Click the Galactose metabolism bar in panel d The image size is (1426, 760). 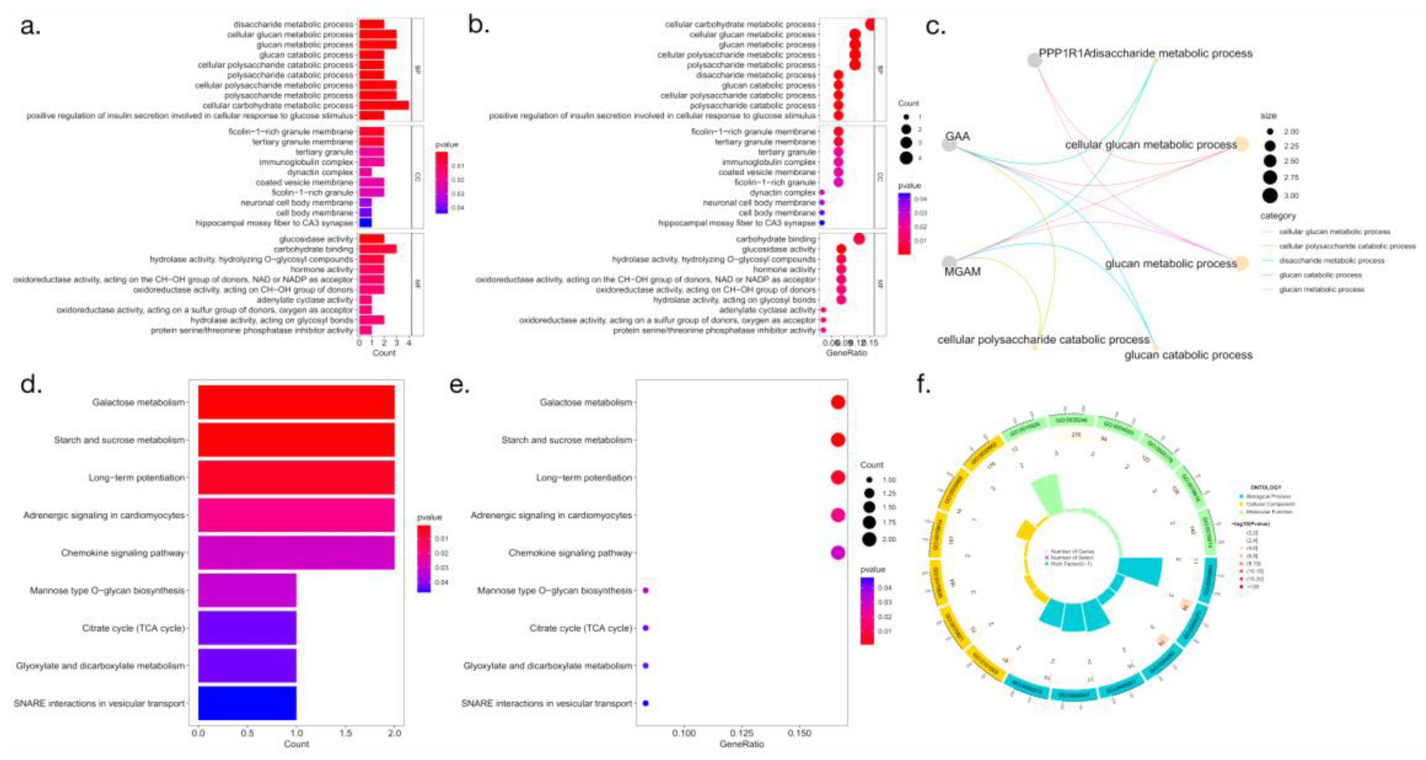pos(296,402)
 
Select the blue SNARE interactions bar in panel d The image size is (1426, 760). pos(247,703)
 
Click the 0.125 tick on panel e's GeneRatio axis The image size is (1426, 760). pos(741,733)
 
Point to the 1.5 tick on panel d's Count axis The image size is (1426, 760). pos(345,733)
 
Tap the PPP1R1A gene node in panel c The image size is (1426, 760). pos(1034,60)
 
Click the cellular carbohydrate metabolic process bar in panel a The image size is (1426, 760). pos(384,105)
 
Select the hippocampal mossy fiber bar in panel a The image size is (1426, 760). pos(366,223)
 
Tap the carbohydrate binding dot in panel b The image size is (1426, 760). pos(859,239)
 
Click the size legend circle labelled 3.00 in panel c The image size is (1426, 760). pos(1270,195)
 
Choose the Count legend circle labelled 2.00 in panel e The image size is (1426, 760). pos(869,539)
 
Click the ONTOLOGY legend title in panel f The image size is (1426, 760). pos(1266,488)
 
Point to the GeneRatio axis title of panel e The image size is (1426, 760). pos(741,744)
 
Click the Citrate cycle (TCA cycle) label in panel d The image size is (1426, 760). pos(133,628)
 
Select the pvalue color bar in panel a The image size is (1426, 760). pos(441,183)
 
